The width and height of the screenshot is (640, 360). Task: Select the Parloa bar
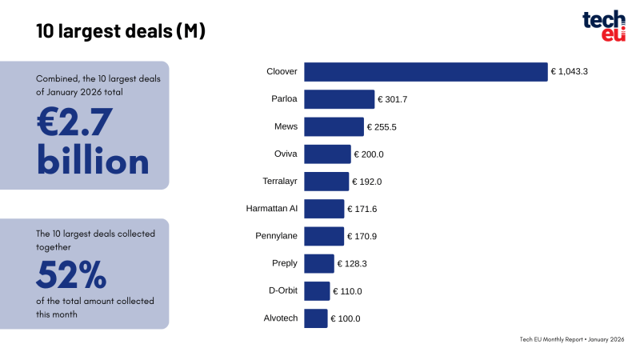(x=339, y=99)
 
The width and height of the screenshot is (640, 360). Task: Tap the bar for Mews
(x=334, y=126)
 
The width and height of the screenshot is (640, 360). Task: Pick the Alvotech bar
(x=316, y=318)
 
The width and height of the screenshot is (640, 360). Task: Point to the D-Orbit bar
(x=317, y=290)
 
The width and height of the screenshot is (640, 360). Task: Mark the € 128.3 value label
(x=352, y=263)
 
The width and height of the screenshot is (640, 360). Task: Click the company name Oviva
(x=286, y=154)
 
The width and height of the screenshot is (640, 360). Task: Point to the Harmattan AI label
(x=272, y=209)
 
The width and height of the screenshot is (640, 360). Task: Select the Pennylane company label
(x=276, y=236)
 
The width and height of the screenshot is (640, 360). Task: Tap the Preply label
(x=285, y=263)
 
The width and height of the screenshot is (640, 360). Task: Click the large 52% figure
(x=71, y=277)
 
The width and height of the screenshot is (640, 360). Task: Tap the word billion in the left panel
(x=93, y=162)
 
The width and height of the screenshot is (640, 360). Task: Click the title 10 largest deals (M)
(x=121, y=31)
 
